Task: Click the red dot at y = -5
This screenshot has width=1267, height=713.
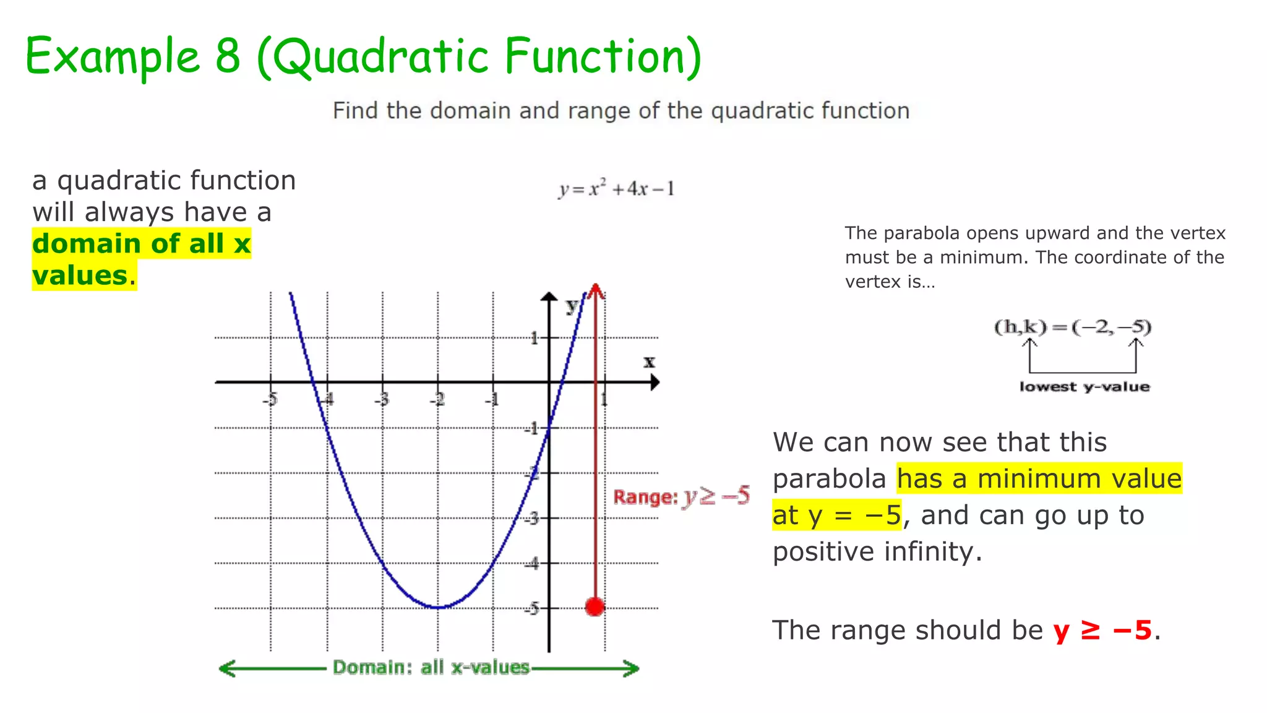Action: pos(595,607)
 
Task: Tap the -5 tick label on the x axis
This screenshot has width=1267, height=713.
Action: pos(270,399)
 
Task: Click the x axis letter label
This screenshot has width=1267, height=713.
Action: pos(648,361)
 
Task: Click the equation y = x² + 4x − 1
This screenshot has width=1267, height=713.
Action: pos(616,188)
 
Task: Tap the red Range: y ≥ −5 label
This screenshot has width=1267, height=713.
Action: pos(681,496)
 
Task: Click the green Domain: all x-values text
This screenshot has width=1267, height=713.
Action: pos(431,667)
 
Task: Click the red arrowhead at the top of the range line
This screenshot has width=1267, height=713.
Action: pos(595,290)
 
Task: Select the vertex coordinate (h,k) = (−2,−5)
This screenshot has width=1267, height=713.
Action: pos(1072,326)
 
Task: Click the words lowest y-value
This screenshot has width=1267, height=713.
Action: pos(1084,387)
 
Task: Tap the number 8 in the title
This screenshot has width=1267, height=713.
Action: pos(227,56)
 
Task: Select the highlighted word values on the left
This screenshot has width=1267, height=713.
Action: pos(80,275)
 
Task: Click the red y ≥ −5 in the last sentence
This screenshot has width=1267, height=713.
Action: pos(1102,630)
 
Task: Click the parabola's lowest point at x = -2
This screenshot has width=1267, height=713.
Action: pos(438,608)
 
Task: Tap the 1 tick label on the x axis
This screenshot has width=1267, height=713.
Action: pos(604,399)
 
